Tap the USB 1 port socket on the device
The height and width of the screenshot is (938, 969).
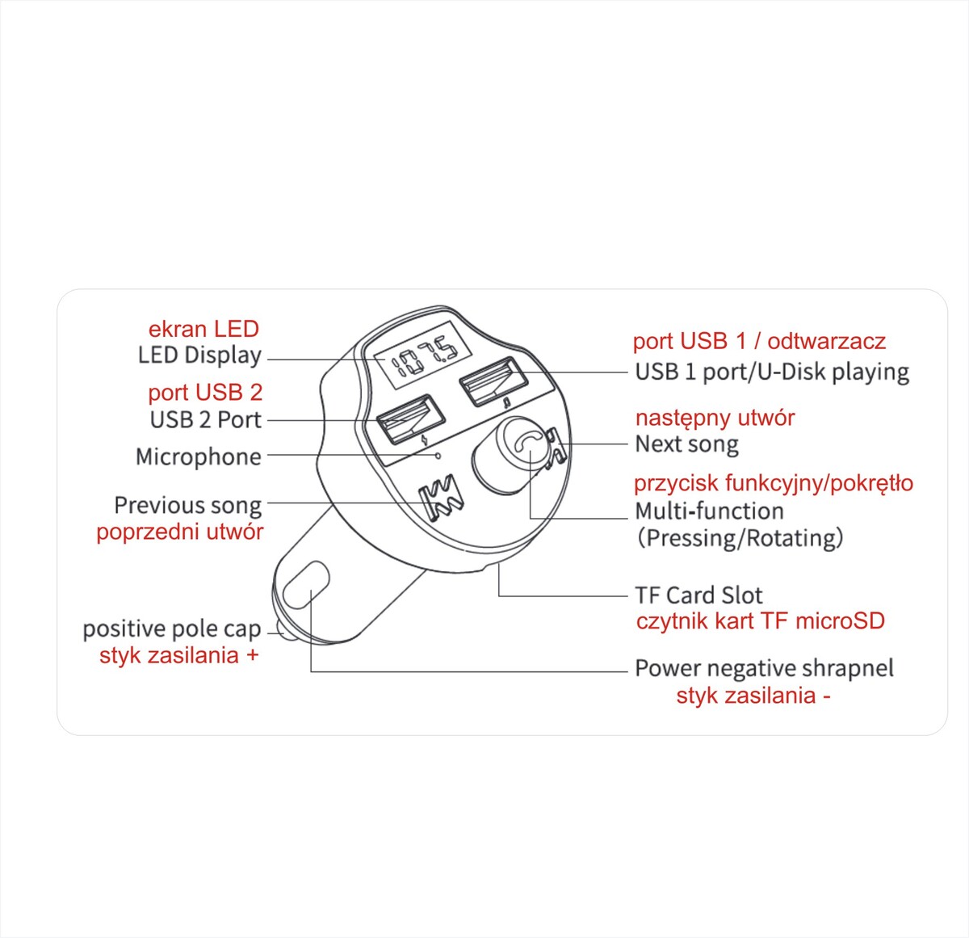click(493, 381)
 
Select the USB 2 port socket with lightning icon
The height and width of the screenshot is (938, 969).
click(410, 419)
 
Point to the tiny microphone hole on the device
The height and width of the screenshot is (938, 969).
click(438, 456)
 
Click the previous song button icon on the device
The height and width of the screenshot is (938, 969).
click(441, 499)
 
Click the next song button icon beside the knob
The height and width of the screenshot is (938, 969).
click(556, 449)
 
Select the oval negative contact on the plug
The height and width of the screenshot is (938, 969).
click(306, 584)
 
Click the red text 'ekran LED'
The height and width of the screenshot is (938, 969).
click(203, 330)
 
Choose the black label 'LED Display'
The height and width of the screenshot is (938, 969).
click(199, 355)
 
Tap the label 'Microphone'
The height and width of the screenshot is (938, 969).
click(198, 456)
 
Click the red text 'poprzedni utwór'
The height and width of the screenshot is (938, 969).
click(179, 532)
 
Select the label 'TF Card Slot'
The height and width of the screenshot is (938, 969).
click(698, 595)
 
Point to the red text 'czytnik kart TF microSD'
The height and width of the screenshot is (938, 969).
click(761, 620)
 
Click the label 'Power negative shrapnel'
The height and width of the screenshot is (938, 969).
click(765, 668)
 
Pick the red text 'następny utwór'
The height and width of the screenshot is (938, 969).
click(715, 418)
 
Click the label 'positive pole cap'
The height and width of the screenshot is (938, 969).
click(172, 629)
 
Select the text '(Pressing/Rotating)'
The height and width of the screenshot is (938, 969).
click(740, 537)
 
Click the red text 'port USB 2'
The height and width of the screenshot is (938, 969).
click(205, 393)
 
